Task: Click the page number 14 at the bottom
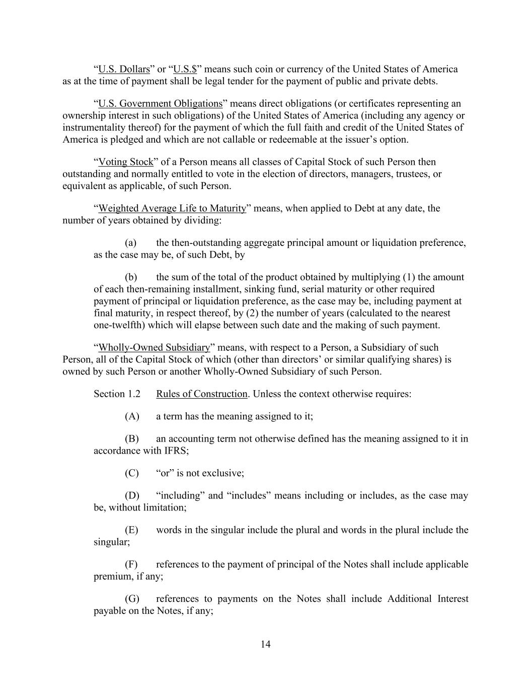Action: coord(266,644)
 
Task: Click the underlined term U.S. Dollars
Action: coord(124,69)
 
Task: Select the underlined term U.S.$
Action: coord(185,69)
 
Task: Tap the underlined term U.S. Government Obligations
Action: coord(160,103)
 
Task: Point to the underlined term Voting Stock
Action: coord(125,162)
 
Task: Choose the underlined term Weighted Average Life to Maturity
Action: coord(172,208)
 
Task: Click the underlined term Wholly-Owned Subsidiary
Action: coord(154,347)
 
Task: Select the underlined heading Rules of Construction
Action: coord(201,394)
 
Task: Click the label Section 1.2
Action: coord(117,394)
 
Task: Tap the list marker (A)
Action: coord(132,416)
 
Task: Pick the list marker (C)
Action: coord(132,473)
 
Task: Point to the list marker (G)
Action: coord(132,599)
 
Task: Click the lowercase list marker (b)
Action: coord(131,277)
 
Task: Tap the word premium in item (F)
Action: coord(113,576)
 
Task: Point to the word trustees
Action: coord(403,174)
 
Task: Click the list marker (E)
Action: coord(131,530)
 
